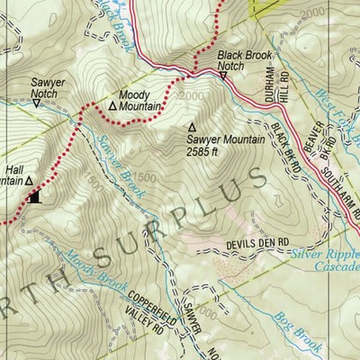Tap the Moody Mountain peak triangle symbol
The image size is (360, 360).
(x=112, y=105)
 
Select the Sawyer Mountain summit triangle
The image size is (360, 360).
(x=191, y=127)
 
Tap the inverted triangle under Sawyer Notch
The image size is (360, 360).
(x=36, y=103)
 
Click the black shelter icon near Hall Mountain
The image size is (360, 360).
(x=35, y=197)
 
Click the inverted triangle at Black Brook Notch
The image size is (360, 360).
(x=223, y=76)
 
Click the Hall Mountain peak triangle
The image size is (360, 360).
(x=29, y=180)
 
